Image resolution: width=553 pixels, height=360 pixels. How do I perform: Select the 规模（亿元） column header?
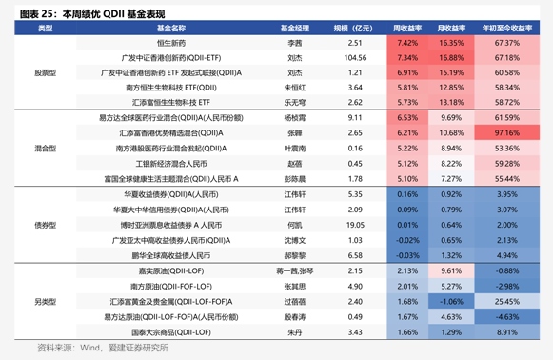click(355, 30)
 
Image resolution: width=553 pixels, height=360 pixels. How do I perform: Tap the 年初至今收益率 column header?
click(507, 30)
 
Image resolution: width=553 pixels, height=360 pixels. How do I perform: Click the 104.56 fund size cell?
click(355, 58)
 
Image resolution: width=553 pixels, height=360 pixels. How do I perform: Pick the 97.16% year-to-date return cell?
click(507, 132)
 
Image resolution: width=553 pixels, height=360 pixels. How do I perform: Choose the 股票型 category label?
click(45, 72)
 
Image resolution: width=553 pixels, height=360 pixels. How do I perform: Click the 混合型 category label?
click(45, 149)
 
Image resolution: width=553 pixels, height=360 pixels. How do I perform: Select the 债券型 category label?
click(45, 225)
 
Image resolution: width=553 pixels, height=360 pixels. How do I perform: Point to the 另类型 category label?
click(45, 301)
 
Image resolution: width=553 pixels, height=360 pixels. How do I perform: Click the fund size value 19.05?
click(355, 224)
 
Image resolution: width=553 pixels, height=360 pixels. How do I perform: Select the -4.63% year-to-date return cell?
click(507, 316)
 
